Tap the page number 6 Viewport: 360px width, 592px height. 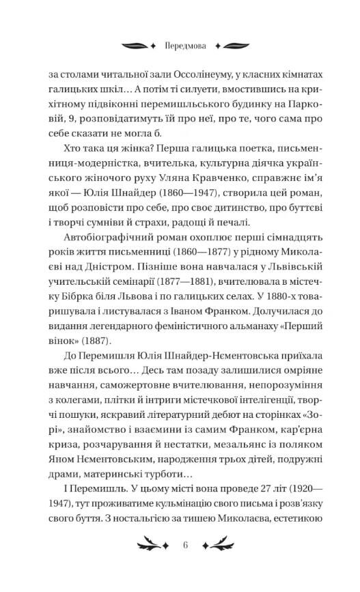(185, 545)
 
